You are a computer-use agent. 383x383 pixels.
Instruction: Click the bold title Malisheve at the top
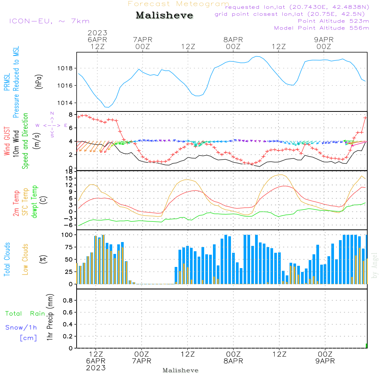(x=164, y=15)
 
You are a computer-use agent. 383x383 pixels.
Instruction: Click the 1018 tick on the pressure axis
(x=65, y=69)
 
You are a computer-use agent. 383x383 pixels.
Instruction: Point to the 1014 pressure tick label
(x=65, y=103)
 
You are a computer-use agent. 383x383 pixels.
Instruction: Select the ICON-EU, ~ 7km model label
(x=49, y=21)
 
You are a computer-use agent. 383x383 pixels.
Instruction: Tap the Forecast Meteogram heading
(x=178, y=4)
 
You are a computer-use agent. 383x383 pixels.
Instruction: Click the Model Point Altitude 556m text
(x=321, y=28)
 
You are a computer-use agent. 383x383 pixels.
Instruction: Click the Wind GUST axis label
(x=7, y=141)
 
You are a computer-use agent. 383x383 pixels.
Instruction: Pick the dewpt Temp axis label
(x=34, y=201)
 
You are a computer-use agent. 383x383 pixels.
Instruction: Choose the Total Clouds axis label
(x=7, y=259)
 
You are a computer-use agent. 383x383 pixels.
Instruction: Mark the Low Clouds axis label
(x=25, y=259)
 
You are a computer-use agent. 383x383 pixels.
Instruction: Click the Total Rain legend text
(x=25, y=313)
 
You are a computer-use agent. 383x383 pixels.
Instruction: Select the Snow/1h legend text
(x=21, y=327)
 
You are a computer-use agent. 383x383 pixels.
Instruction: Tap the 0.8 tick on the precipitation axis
(x=68, y=300)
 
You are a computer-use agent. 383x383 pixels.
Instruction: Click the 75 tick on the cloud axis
(x=69, y=247)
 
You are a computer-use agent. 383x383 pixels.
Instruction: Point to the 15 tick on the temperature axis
(x=69, y=178)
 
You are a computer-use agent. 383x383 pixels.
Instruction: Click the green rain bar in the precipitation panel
(x=367, y=346)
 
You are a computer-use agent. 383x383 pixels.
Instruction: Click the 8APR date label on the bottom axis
(x=233, y=361)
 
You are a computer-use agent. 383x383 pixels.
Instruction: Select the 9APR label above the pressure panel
(x=324, y=39)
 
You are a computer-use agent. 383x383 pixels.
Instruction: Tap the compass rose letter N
(x=52, y=113)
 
